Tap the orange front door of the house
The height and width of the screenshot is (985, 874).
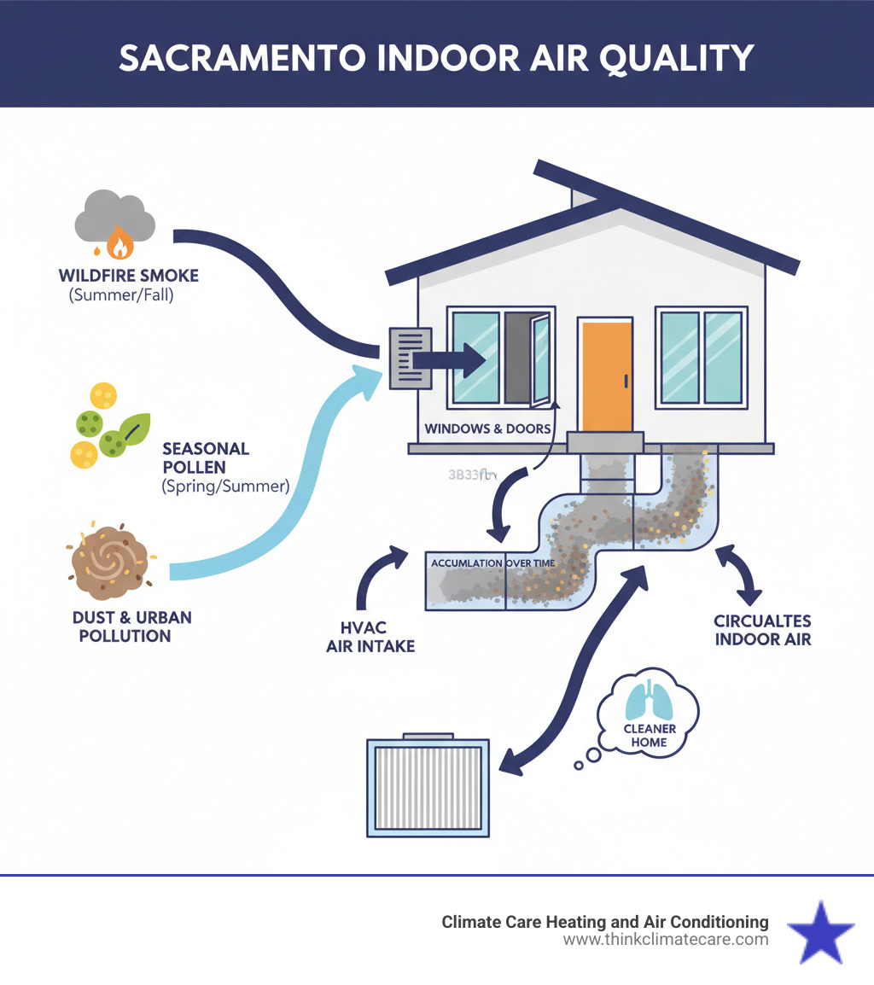click(x=607, y=375)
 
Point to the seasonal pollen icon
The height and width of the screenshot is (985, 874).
click(x=108, y=427)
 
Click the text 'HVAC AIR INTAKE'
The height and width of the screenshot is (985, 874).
click(x=370, y=637)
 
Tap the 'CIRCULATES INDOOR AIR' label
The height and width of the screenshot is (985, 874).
click(x=762, y=629)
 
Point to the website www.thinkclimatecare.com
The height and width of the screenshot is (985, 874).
click(x=666, y=940)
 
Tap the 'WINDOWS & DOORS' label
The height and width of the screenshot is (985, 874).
click(x=487, y=428)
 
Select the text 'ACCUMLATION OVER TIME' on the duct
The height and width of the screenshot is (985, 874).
click(x=492, y=564)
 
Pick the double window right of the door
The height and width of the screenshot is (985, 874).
click(x=701, y=357)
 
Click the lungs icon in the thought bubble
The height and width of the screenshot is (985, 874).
click(x=649, y=702)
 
